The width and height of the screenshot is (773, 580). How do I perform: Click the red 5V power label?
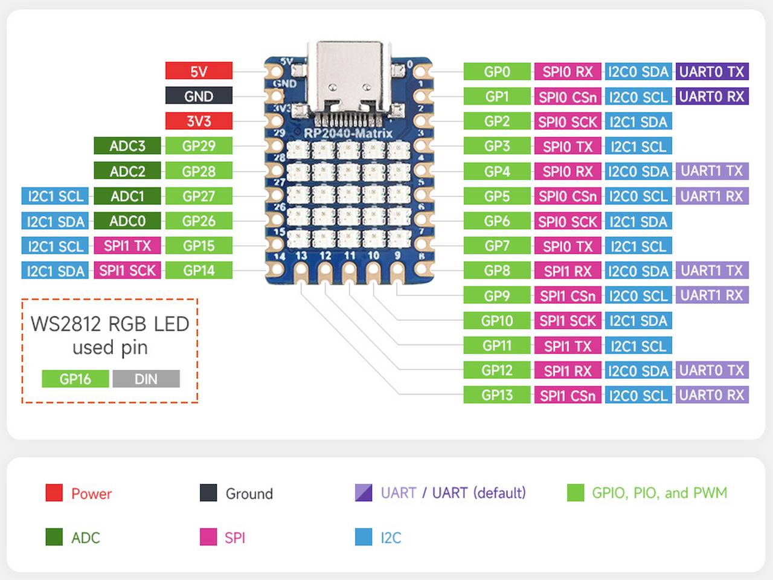(x=199, y=71)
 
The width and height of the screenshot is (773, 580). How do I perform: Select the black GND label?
(x=199, y=96)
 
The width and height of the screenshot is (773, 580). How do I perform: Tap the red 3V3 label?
(x=199, y=121)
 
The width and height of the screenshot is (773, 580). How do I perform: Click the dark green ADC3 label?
(x=127, y=146)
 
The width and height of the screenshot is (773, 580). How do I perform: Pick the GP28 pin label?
(x=199, y=171)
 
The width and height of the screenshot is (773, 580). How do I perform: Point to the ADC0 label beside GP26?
(x=127, y=221)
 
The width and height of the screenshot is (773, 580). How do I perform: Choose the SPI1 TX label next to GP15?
(x=127, y=246)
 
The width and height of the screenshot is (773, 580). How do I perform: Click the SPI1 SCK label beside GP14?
(x=127, y=271)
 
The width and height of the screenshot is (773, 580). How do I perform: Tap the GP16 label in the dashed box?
(x=75, y=379)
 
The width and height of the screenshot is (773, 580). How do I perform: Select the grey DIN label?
(x=146, y=379)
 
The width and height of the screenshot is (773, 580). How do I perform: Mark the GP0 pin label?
(x=497, y=71)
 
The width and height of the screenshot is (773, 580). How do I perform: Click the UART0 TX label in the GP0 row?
(x=711, y=71)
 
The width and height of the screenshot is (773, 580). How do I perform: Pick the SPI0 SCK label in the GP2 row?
(x=568, y=121)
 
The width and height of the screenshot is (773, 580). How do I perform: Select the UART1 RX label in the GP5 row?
(x=711, y=196)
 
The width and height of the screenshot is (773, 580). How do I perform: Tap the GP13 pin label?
(x=497, y=395)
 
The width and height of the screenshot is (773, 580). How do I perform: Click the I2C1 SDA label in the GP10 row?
(x=638, y=321)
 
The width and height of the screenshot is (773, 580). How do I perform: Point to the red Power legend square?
(x=54, y=493)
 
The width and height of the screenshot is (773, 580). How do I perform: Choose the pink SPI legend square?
(x=208, y=537)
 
